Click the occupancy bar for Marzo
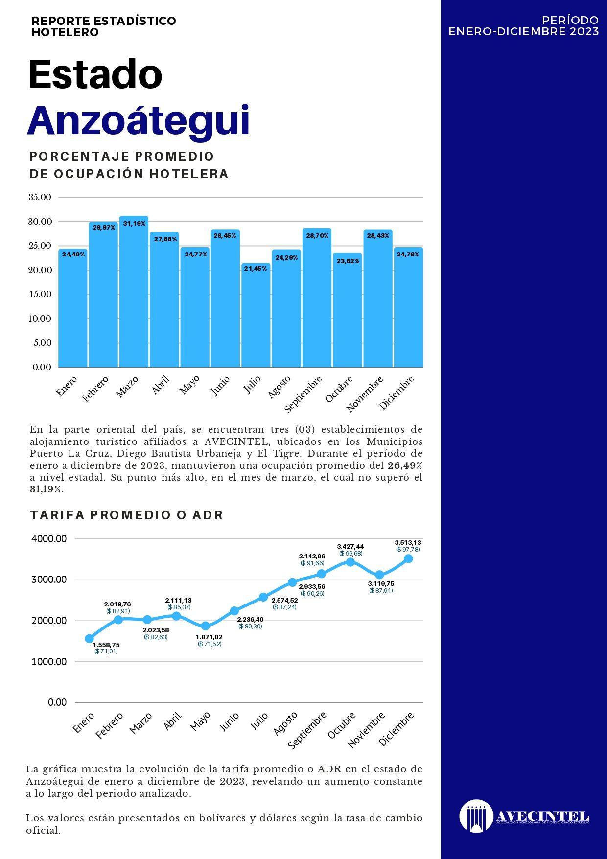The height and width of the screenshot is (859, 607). (x=134, y=291)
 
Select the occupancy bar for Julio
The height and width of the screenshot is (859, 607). (x=256, y=315)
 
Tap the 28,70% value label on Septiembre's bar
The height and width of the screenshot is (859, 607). (x=317, y=236)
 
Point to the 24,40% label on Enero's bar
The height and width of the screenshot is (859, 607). (x=73, y=254)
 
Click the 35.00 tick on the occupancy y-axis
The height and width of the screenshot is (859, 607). (x=40, y=197)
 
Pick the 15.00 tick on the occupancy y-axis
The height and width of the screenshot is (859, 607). (x=40, y=294)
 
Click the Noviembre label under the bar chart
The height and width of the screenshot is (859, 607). (x=365, y=395)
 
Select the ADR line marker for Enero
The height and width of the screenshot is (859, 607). (x=89, y=638)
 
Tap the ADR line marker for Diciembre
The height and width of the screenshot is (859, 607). (x=408, y=558)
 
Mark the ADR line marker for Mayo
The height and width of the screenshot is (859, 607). (x=205, y=626)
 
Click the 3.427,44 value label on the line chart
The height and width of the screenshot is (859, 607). (x=350, y=546)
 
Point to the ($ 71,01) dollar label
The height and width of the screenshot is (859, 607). (x=106, y=651)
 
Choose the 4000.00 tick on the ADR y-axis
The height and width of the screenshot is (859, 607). (x=49, y=539)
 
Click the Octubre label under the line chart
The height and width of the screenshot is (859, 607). (x=342, y=726)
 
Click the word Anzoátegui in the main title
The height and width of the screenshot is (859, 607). (x=139, y=120)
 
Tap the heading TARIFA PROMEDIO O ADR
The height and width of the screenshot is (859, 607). (x=127, y=515)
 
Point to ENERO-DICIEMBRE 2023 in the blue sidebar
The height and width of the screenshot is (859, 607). (x=524, y=31)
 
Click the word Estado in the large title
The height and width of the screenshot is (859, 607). (x=95, y=74)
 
